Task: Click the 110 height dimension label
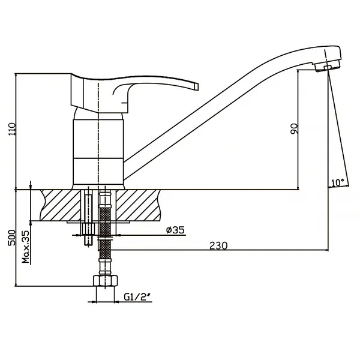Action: tap(13, 129)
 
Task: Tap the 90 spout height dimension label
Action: tap(294, 129)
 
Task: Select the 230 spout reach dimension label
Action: tap(218, 245)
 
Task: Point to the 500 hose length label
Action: tap(12, 238)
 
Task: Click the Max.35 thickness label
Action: tap(26, 247)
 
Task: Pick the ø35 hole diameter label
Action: tap(175, 230)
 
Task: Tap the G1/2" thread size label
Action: tap(138, 297)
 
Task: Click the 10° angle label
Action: tap(338, 182)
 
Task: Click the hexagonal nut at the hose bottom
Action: tap(106, 280)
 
